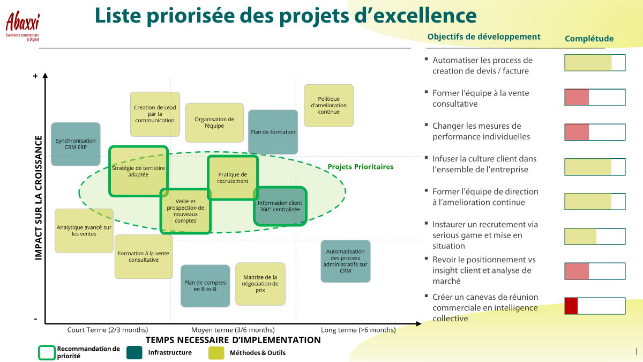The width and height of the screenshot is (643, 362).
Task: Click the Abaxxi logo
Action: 23,26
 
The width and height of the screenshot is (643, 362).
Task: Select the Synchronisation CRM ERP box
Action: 76,144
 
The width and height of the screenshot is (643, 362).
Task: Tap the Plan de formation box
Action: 273,132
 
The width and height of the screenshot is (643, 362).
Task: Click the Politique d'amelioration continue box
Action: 328,106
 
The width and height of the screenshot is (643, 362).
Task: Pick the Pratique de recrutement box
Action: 233,178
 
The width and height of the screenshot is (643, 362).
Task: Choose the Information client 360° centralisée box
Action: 280,206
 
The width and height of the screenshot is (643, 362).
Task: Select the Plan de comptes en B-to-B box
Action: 205,286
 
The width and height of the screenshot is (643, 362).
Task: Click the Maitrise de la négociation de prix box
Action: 260,284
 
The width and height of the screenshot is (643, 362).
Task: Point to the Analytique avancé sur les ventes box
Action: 84,231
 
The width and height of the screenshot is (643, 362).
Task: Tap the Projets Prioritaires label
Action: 361,167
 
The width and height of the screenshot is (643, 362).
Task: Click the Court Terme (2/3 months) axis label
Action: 108,330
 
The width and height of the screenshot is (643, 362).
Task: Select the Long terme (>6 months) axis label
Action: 358,330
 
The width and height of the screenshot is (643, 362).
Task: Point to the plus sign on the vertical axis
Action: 35,76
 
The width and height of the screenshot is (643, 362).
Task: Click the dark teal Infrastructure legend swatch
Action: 134,352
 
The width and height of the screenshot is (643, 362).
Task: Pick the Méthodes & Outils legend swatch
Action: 216,352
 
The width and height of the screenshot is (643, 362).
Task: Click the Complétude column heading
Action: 589,39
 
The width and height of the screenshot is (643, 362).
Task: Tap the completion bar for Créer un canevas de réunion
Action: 595,306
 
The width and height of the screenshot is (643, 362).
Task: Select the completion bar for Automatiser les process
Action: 595,63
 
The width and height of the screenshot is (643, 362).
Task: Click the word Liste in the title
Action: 118,15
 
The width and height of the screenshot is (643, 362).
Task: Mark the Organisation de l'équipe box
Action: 214,123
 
